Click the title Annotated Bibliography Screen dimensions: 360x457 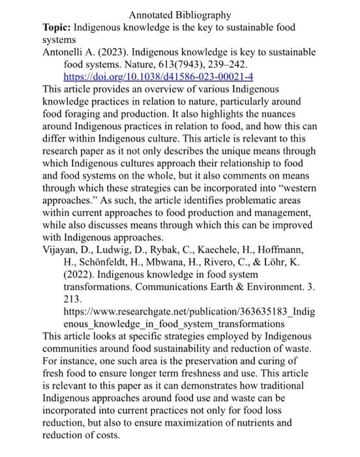180,14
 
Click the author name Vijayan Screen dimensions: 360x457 61,251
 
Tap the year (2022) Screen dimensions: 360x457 82,276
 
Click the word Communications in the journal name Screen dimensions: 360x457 176,288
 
